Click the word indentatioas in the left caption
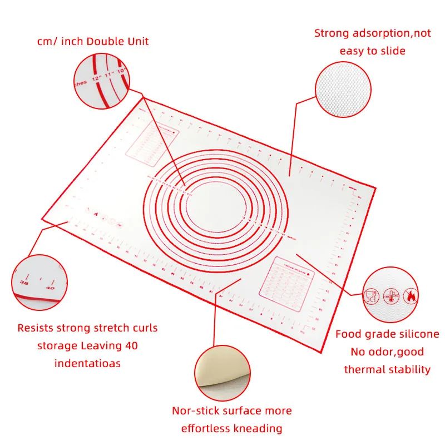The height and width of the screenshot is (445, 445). click(88, 363)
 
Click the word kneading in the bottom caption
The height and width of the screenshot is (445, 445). click(258, 428)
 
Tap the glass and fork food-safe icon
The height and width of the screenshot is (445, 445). click(369, 296)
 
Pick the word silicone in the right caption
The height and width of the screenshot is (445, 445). click(416, 334)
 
